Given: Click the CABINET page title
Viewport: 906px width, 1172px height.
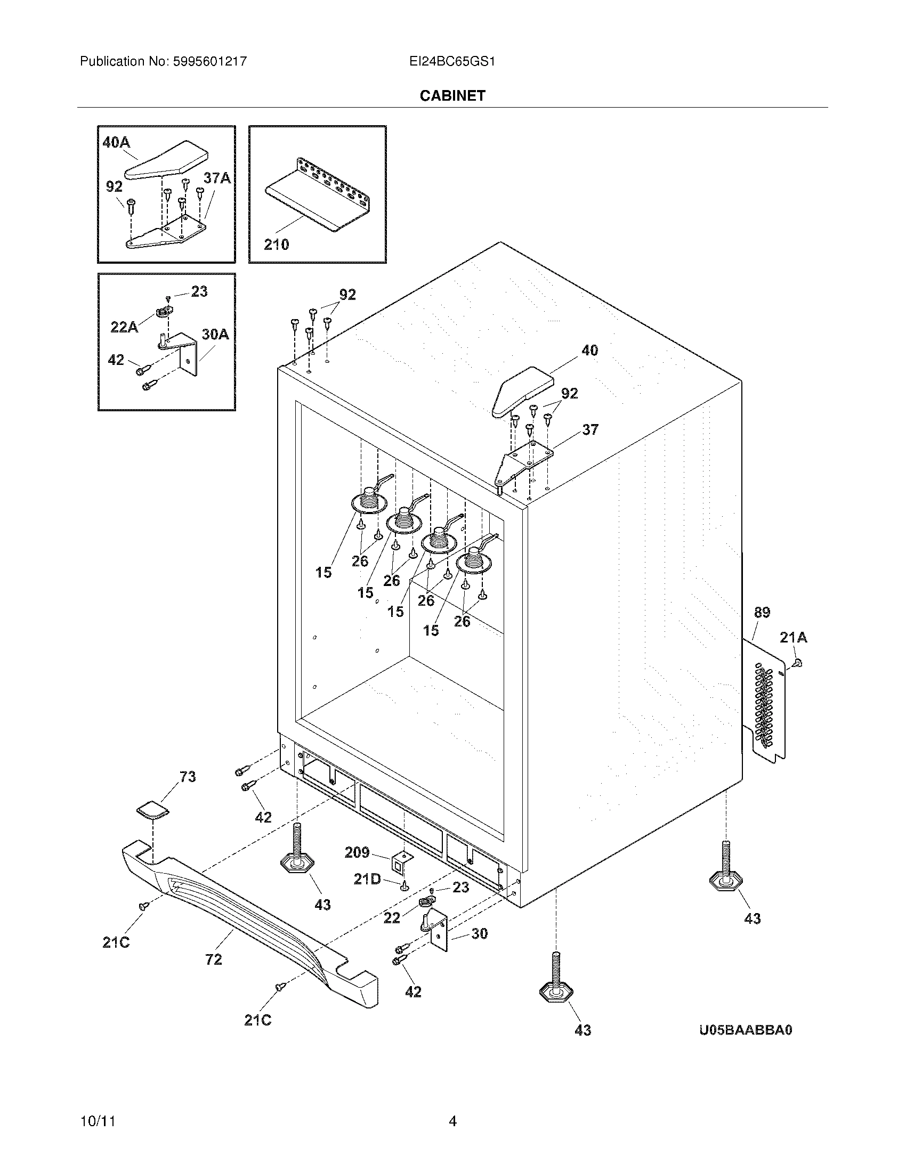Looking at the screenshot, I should tap(452, 95).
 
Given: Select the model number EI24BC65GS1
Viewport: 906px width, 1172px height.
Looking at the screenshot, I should tap(452, 62).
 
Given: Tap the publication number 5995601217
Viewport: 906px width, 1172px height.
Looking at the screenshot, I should tap(210, 62).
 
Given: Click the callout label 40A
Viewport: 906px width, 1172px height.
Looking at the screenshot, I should tap(117, 143).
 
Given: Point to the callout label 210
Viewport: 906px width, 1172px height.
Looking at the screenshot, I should tap(277, 245).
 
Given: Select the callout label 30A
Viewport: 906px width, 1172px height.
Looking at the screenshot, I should tap(215, 335).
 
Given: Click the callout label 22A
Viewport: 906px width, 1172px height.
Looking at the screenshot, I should tap(124, 326).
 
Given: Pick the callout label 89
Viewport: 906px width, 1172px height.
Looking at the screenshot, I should tap(762, 612).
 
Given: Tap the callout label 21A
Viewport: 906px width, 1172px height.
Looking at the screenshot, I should tap(794, 638).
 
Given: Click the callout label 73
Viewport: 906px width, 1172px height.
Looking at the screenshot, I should tap(187, 777).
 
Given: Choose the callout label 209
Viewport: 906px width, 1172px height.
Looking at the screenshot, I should tap(357, 852).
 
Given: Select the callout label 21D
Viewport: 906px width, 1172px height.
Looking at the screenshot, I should tap(367, 879).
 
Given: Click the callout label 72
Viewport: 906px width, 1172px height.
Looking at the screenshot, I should tap(214, 959).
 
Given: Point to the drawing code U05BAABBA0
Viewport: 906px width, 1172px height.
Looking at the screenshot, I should tap(746, 1030).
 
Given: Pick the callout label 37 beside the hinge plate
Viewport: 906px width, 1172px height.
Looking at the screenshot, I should tap(590, 429).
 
